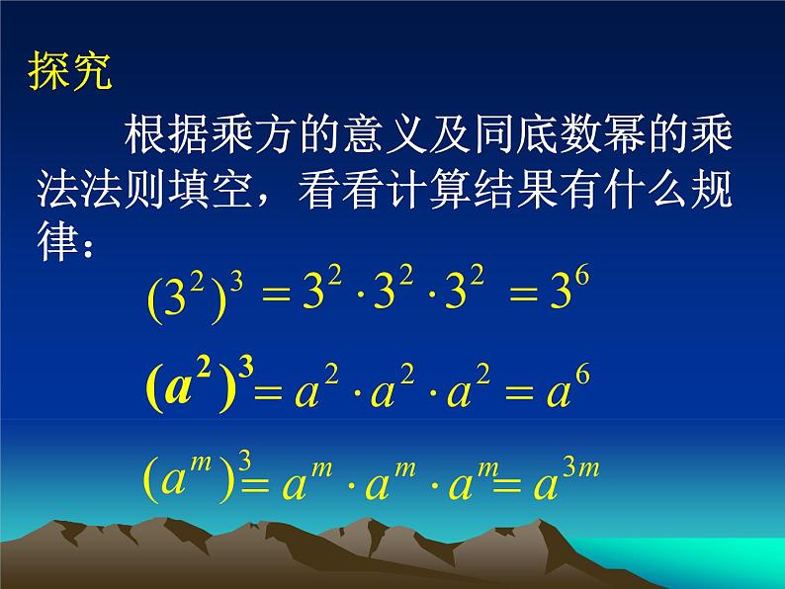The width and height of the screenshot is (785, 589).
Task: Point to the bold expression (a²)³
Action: (199, 387)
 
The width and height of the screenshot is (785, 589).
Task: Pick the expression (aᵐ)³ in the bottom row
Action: (199, 480)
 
